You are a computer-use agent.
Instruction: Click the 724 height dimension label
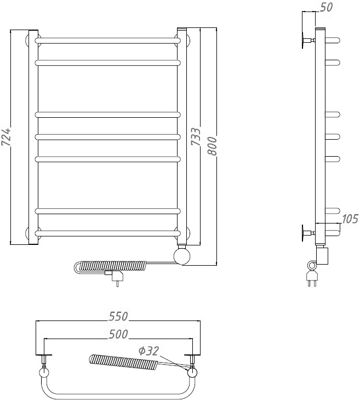point(7,137)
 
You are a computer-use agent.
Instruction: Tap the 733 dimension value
point(196,137)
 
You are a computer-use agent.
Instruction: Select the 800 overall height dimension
point(212,146)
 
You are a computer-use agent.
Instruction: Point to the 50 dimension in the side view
point(326,7)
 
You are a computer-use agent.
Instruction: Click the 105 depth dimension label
point(350,219)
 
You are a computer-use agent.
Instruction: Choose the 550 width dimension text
point(118,316)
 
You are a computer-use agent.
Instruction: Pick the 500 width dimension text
point(118,334)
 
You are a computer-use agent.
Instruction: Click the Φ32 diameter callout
point(148,351)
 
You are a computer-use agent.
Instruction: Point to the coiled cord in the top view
point(123,362)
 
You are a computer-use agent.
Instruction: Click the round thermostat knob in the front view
point(182,256)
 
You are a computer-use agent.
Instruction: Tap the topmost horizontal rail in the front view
point(108,41)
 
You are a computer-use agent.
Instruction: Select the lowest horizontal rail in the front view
point(108,234)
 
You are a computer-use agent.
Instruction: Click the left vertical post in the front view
point(33,138)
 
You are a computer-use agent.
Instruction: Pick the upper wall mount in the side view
point(308,40)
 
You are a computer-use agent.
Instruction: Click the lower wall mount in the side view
point(308,233)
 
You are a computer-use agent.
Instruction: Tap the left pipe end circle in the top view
point(44,373)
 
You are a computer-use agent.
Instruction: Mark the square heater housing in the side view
point(322,256)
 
